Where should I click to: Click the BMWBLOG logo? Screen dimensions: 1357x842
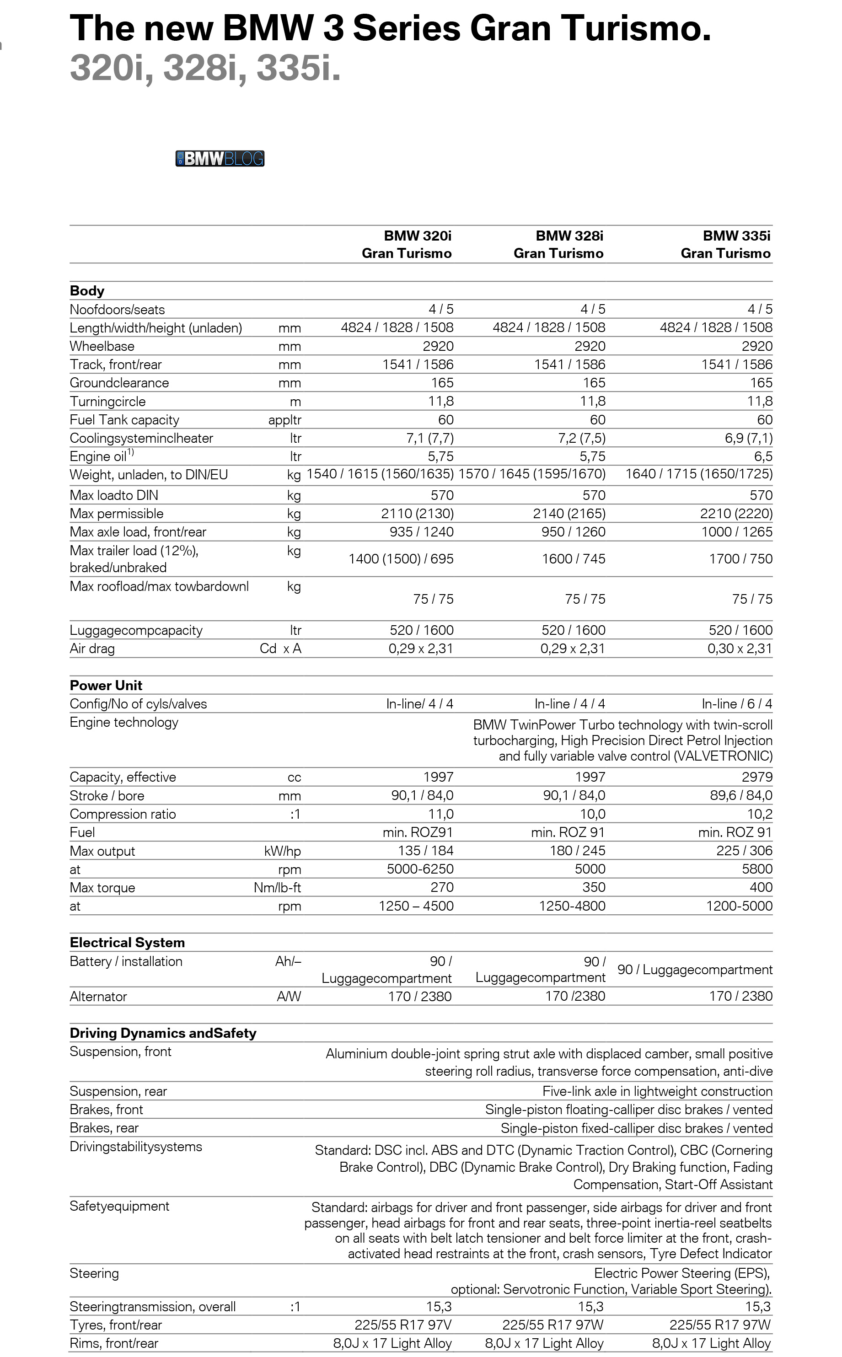220,159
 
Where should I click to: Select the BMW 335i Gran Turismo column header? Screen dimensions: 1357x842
726,244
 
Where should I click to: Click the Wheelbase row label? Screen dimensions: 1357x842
102,346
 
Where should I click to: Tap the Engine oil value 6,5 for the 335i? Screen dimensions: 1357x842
763,456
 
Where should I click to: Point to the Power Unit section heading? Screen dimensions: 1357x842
106,686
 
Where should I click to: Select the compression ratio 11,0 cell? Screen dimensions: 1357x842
440,814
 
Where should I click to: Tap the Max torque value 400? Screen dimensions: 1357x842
761,888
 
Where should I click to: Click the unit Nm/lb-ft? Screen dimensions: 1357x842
277,888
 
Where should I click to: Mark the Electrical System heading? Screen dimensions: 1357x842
127,943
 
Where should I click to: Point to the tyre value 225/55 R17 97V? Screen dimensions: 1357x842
403,1325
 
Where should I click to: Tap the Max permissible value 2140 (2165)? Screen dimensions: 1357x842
569,514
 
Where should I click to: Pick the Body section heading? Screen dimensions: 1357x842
87,291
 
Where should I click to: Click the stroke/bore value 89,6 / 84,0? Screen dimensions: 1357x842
740,796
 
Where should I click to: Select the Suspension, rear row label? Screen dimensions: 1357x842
118,1091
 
